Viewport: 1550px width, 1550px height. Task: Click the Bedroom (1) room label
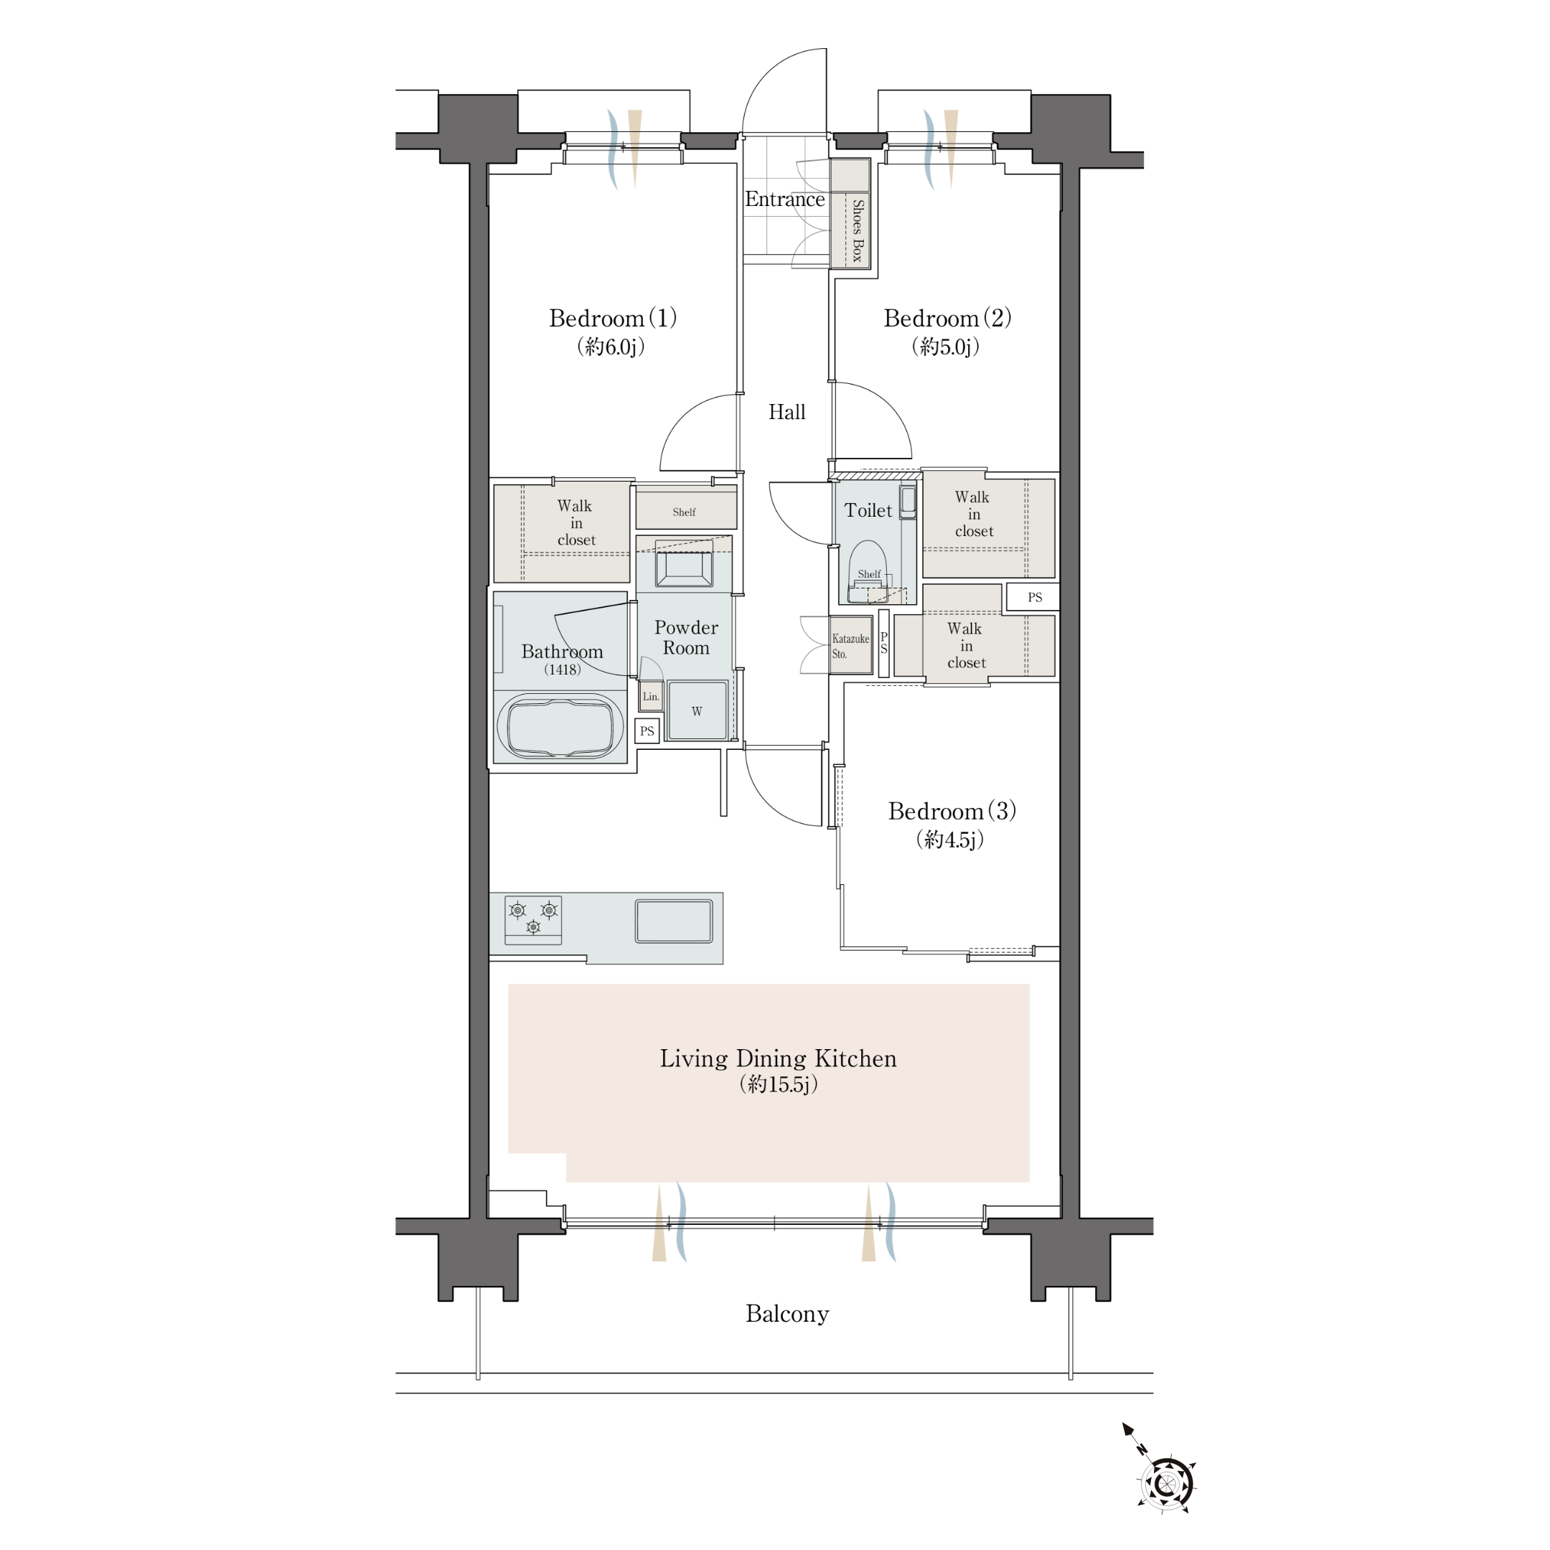(613, 319)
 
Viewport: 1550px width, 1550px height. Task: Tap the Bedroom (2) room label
(947, 319)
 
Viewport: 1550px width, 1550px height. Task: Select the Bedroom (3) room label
(952, 811)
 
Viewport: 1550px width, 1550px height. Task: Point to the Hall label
(787, 413)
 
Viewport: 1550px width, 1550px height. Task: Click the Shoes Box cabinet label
(858, 231)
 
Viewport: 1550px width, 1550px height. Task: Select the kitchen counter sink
(674, 921)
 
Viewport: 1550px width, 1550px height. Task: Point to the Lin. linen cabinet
(651, 696)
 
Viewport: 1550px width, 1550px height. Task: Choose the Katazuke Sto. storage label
(850, 646)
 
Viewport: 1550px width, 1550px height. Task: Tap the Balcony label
(787, 1314)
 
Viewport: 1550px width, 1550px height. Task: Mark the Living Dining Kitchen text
(778, 1059)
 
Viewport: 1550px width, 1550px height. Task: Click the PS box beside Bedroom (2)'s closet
(1033, 597)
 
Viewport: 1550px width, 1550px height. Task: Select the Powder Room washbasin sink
(685, 565)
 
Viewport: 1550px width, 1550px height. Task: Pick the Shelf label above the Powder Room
(685, 512)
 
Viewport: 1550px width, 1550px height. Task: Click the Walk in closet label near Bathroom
(576, 523)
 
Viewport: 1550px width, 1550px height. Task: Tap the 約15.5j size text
(778, 1085)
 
